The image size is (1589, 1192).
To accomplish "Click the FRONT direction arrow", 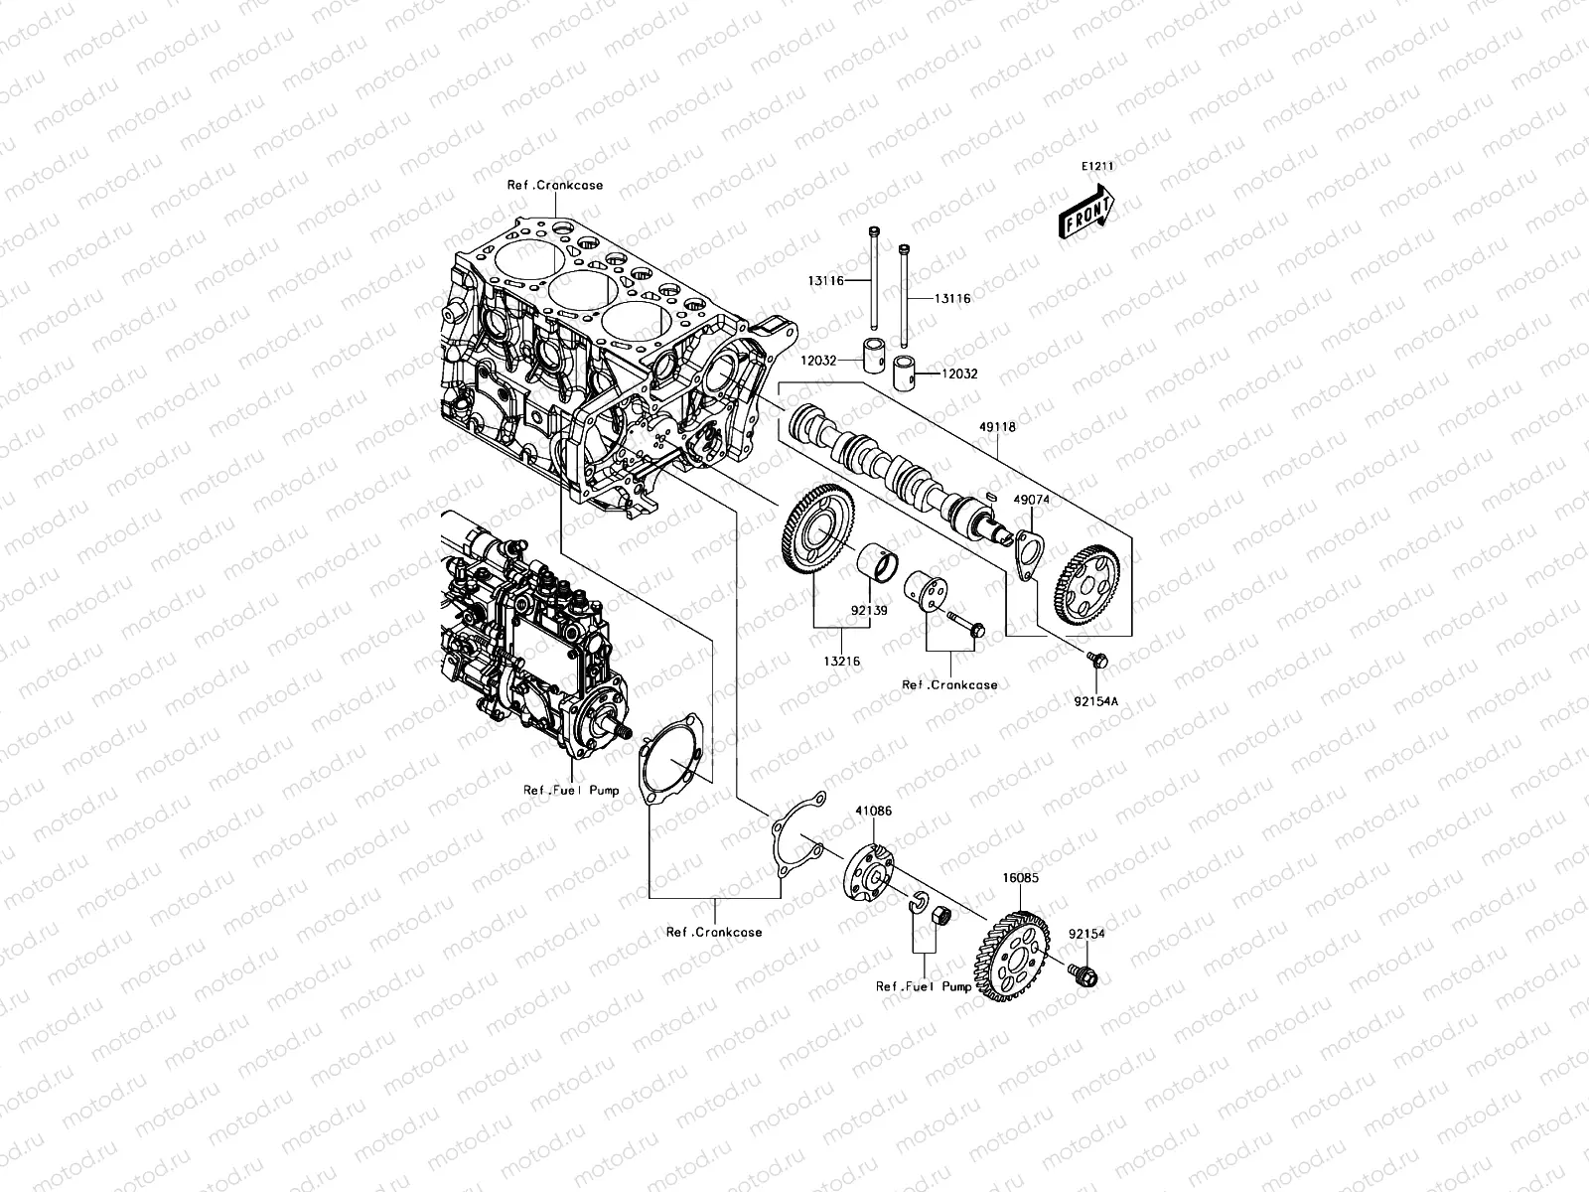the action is click(x=1085, y=212).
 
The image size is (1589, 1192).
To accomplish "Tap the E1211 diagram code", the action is click(x=1097, y=167).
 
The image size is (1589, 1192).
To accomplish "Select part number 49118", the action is click(x=997, y=427).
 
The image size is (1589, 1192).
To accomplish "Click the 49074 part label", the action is click(x=1031, y=500).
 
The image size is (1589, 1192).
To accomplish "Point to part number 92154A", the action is click(x=1096, y=701).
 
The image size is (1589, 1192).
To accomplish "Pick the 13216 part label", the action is click(x=842, y=661).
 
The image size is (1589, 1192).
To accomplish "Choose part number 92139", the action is click(x=869, y=610).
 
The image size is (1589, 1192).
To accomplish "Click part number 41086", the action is click(x=873, y=811).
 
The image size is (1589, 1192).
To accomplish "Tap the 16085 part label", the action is click(x=1020, y=878).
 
